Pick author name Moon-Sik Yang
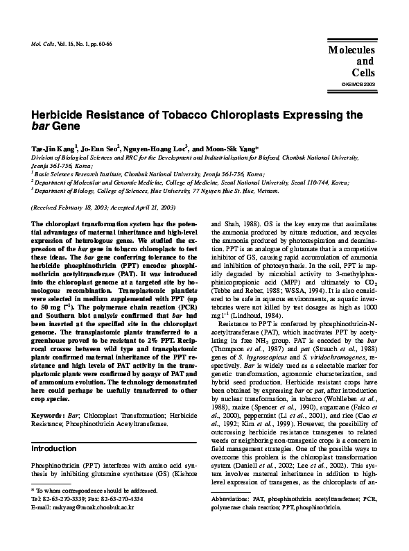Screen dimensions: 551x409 coord(233,149)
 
